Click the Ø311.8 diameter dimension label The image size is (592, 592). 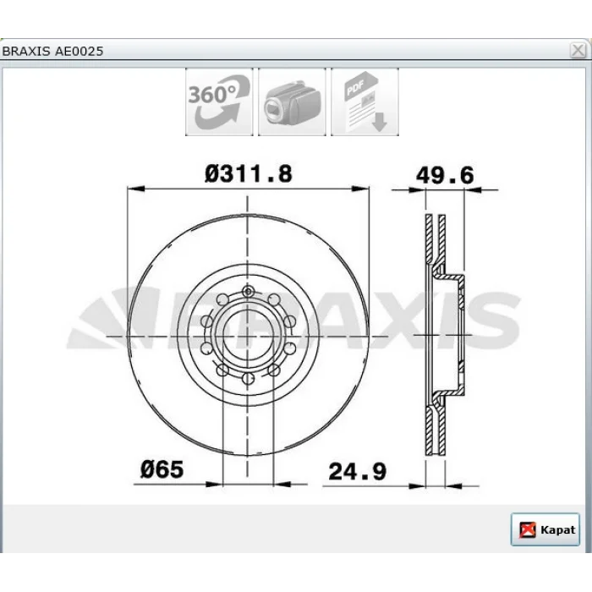tap(249, 174)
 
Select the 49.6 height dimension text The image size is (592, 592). tap(444, 176)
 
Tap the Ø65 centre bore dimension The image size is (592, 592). tap(162, 469)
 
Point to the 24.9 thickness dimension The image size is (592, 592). tap(357, 472)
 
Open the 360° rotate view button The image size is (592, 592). tap(219, 102)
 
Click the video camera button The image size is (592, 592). tap(292, 102)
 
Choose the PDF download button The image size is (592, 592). tap(365, 102)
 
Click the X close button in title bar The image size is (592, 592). tap(578, 51)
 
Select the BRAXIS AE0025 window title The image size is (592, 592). tap(52, 52)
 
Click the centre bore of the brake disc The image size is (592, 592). tap(248, 335)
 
